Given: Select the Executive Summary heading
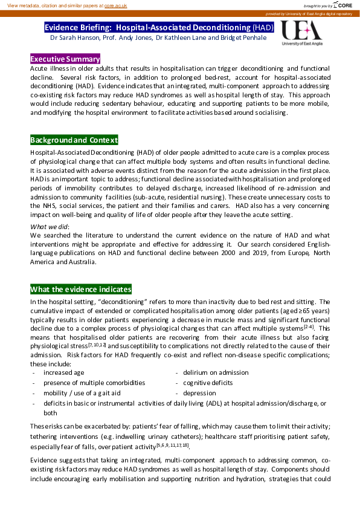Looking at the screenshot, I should (65, 59).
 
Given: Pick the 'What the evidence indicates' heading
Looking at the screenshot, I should (80, 289).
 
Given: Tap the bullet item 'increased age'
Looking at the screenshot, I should (63, 372).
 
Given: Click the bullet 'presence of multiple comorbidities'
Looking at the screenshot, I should (94, 383).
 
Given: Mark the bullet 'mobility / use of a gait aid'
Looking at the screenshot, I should (82, 393).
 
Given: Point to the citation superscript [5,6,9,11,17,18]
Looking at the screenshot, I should (173, 445).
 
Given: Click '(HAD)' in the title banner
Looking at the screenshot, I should (263, 27).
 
